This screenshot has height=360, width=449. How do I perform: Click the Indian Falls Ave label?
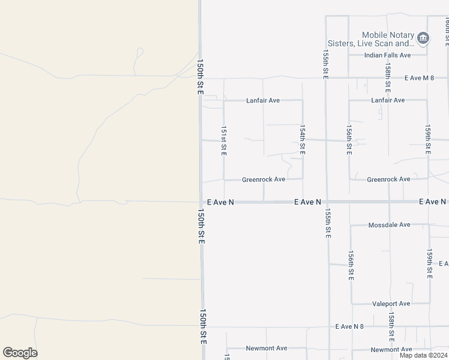(x=387, y=55)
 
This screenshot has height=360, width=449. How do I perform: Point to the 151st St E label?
(x=223, y=141)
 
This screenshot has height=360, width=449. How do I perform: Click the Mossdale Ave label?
(x=388, y=225)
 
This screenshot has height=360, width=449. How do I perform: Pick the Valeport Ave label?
(x=391, y=304)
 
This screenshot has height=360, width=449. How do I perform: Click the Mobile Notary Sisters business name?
(x=388, y=40)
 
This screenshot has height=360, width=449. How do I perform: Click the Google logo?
(x=20, y=353)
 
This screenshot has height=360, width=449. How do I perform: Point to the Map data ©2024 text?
(x=423, y=355)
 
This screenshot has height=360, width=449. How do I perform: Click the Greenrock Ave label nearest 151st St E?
(x=263, y=179)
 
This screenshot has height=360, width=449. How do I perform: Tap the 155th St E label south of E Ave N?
(x=328, y=224)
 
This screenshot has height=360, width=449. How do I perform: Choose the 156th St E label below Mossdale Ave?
(x=351, y=266)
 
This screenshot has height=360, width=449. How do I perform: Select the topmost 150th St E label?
(x=200, y=76)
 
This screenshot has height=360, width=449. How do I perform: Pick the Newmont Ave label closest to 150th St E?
(x=267, y=348)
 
